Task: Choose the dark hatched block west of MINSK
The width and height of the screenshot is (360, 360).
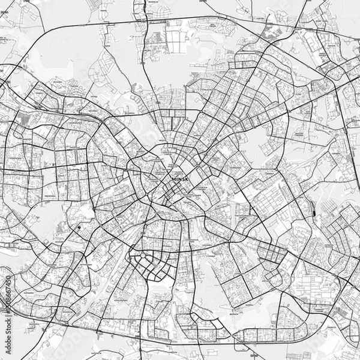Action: coord(24,118)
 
